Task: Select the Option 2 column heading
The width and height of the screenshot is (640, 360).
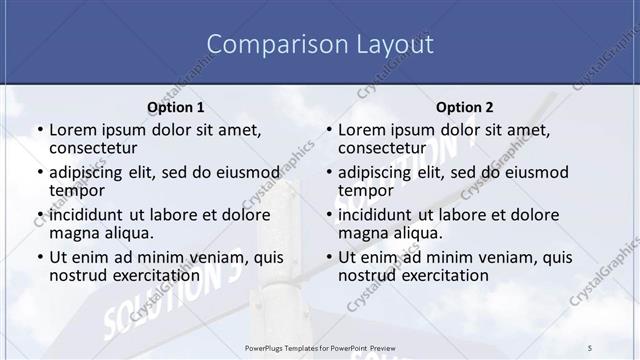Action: [465, 107]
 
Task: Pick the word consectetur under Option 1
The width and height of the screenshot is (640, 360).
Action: [92, 148]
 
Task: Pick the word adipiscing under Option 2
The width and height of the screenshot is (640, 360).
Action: [376, 172]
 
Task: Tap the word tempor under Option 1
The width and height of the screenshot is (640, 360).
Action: [75, 190]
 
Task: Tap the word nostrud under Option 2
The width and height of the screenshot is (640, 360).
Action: [366, 275]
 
